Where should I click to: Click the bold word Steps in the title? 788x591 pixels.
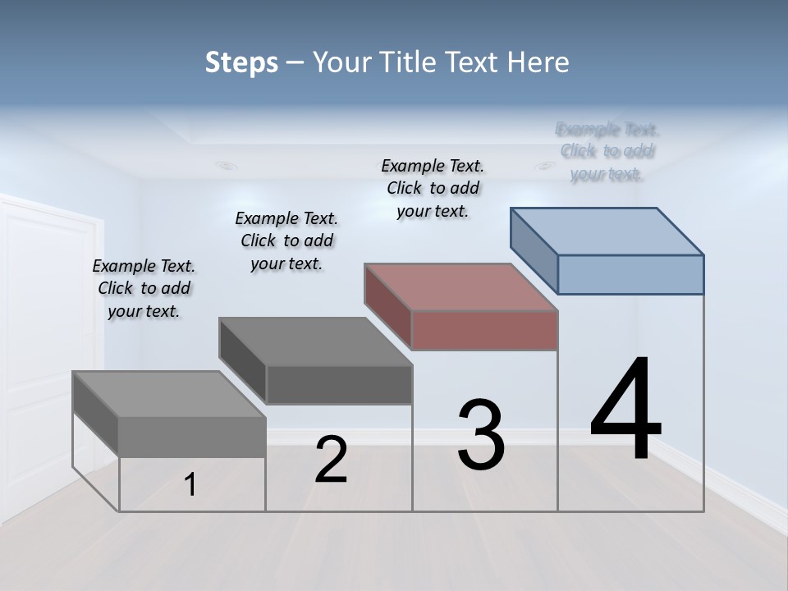pos(241,62)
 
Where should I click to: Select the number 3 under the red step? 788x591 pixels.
pos(481,434)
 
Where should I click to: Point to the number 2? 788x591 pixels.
pos(331,460)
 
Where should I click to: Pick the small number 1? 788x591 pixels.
pos(190,484)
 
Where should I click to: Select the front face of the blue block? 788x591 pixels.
pos(630,274)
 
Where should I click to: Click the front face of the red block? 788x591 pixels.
pos(484,330)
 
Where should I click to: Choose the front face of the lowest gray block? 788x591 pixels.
pos(192,437)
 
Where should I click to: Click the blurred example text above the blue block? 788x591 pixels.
pos(607,151)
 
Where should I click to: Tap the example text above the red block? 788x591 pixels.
pos(433,188)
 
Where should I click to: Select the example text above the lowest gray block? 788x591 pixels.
pos(144,288)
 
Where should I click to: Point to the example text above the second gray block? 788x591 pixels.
pos(286,241)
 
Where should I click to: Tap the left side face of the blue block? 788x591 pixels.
pos(534,250)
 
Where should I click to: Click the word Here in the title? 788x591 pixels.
pos(538,62)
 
